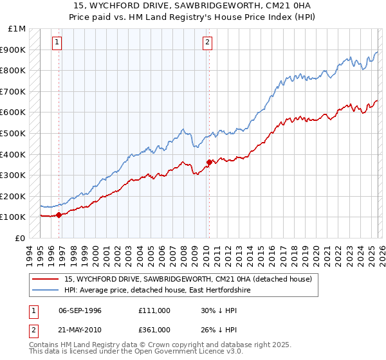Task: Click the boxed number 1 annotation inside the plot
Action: (x=57, y=43)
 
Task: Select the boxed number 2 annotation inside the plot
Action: (x=208, y=43)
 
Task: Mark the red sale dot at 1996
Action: (x=59, y=215)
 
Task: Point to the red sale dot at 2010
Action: (x=209, y=162)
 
